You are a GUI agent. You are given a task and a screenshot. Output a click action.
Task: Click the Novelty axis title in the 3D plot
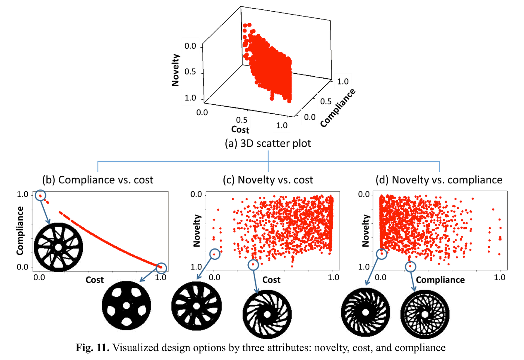tap(176, 70)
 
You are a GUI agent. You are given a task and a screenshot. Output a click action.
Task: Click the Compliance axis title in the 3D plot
tap(338, 108)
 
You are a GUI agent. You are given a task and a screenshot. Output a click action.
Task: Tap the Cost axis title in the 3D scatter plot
tap(240, 129)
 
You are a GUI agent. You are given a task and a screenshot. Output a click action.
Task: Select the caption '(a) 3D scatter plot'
tap(268, 143)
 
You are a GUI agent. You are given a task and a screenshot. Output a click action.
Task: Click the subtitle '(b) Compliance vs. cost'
tap(98, 180)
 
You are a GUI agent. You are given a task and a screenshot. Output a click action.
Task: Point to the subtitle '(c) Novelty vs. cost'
tap(268, 180)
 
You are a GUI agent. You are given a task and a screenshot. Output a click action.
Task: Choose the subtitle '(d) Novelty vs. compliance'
tap(439, 180)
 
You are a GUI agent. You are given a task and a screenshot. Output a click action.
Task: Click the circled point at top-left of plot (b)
tap(40, 195)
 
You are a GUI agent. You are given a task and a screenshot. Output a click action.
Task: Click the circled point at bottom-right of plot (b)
tap(161, 268)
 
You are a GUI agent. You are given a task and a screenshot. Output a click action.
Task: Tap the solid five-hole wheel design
tap(127, 306)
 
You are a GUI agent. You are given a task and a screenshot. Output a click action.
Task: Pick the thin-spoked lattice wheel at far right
tap(425, 314)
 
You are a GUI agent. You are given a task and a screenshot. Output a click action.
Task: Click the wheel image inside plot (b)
tap(58, 247)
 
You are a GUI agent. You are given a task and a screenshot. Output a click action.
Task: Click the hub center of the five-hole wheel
tap(127, 306)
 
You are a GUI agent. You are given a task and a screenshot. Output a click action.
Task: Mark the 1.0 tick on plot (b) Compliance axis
tap(22, 194)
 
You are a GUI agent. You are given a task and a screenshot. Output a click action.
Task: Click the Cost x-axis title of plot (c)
tap(271, 280)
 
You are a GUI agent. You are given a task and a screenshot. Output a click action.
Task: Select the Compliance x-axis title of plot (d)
tap(440, 280)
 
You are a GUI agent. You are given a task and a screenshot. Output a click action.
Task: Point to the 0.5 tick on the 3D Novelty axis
tap(190, 71)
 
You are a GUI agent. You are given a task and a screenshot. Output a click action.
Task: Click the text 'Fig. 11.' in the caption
tap(92, 348)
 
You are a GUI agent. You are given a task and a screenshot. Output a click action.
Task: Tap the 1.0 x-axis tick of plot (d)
tap(499, 277)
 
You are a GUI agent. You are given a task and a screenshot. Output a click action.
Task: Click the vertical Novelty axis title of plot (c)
tap(197, 231)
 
